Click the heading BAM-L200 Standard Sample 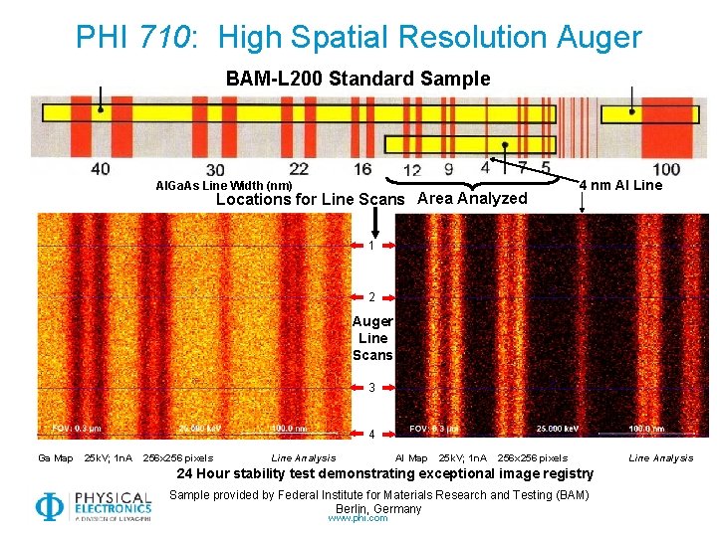pos(358,79)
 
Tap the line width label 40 pos(101,168)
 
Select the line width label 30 pos(214,170)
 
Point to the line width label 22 pos(299,168)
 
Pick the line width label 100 pos(665,169)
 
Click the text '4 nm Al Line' pos(620,184)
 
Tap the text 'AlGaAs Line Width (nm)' pos(224,185)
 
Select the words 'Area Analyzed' pos(472,198)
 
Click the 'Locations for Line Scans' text pos(311,199)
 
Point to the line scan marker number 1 pos(371,246)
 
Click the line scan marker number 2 pos(371,297)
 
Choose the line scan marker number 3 pos(371,388)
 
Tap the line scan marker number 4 pos(371,435)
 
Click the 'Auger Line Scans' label pos(373,338)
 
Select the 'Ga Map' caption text pos(56,457)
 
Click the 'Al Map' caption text pos(411,457)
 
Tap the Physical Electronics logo pos(94,505)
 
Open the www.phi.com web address pos(358,517)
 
